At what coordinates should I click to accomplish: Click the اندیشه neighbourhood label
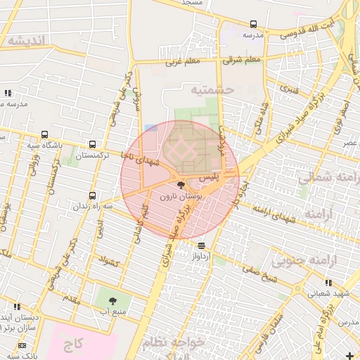tap(27, 41)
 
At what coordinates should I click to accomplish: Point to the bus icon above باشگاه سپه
tap(46, 134)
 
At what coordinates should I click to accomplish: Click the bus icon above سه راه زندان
tap(93, 195)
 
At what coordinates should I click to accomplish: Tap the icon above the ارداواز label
tap(202, 245)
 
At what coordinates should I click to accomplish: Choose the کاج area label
tap(72, 344)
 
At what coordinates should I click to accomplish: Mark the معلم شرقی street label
tap(242, 60)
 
